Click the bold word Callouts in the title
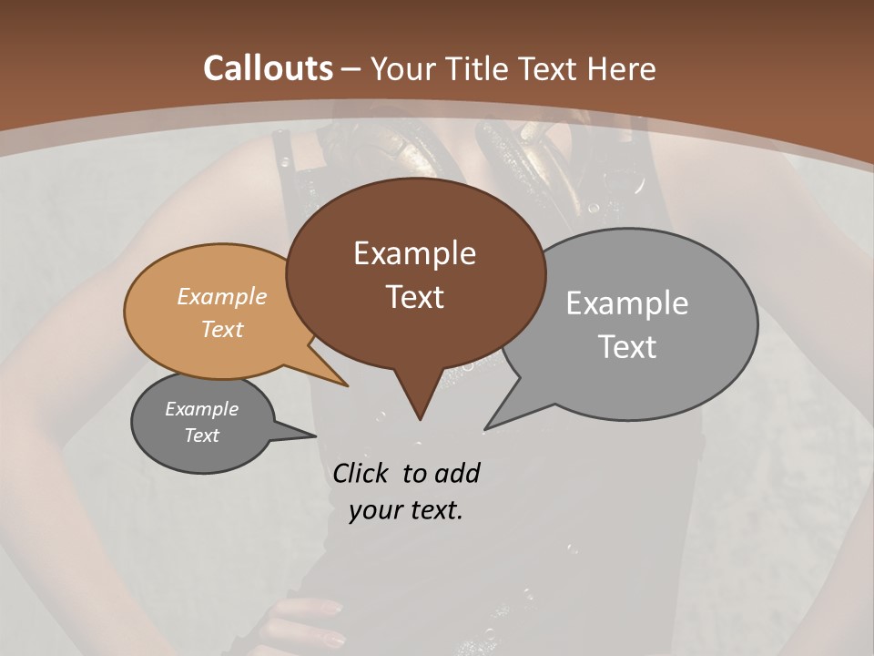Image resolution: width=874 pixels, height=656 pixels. coord(268,68)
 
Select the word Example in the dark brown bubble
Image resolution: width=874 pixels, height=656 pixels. coord(414,253)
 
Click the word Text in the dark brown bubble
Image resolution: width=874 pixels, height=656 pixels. coord(414,297)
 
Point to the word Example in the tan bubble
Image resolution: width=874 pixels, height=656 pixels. coord(222,297)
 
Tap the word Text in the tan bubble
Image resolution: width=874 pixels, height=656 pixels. coord(222,330)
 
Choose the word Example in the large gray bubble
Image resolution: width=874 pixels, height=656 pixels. coord(627,303)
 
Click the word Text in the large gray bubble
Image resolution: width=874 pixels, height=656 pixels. coord(627,347)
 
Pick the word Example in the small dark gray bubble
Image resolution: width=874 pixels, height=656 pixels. coord(202,410)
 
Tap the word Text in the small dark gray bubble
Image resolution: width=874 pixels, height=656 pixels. coord(202,436)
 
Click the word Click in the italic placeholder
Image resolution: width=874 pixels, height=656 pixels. coord(363,473)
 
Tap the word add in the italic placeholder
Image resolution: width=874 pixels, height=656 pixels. coord(458,473)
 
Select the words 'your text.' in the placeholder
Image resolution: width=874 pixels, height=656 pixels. coord(406,510)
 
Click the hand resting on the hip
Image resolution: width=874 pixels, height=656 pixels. coord(310,620)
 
